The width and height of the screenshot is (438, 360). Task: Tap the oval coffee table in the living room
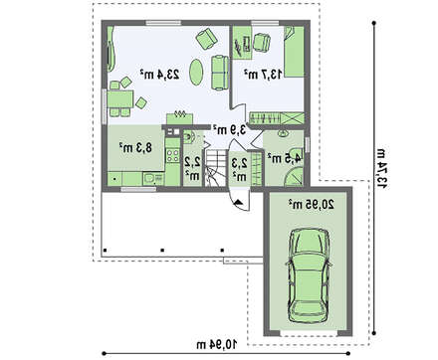click(x=196, y=73)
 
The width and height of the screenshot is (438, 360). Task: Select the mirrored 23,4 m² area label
click(x=159, y=75)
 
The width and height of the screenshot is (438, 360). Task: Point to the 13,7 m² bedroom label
click(x=263, y=74)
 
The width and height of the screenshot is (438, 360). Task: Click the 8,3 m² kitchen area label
click(x=135, y=147)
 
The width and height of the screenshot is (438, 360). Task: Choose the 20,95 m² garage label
click(x=311, y=205)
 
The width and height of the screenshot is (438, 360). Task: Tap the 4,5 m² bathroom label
click(x=285, y=158)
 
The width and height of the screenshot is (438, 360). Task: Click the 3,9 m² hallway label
click(x=230, y=129)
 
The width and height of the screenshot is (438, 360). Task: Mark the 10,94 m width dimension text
click(x=217, y=344)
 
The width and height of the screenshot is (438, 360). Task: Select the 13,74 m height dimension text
click(x=381, y=169)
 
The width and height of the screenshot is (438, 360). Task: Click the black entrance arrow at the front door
click(x=239, y=202)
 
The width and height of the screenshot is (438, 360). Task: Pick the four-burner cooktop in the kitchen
click(x=172, y=155)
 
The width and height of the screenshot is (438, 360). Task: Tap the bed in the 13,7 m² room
click(x=294, y=52)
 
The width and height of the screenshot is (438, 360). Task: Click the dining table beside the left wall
click(x=120, y=98)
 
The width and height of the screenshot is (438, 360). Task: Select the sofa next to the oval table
click(x=220, y=73)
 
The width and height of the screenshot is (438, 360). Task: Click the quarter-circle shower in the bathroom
click(x=294, y=177)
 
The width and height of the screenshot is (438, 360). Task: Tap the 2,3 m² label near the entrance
click(x=240, y=169)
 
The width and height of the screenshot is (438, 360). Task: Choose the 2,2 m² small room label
click(x=192, y=168)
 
